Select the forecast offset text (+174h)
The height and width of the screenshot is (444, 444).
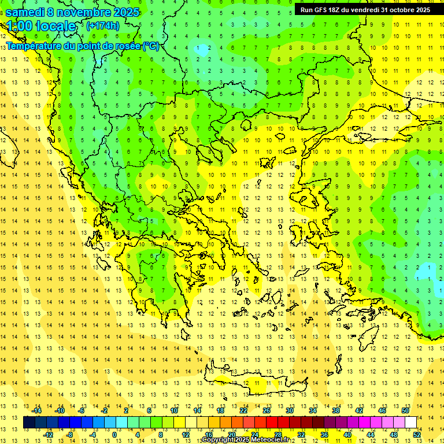(103, 25)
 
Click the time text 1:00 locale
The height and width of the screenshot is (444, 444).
(42, 26)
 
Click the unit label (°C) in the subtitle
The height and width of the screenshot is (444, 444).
(150, 46)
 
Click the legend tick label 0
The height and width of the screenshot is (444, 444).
(114, 435)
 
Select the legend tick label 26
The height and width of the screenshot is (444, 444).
(267, 410)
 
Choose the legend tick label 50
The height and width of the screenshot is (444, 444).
(405, 410)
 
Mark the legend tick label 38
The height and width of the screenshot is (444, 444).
(336, 410)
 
